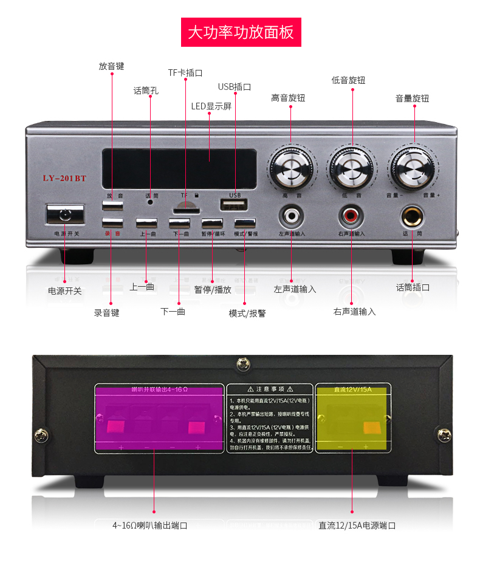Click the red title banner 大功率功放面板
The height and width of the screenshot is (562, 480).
(x=241, y=32)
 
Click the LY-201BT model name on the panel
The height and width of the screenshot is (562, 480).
(x=64, y=178)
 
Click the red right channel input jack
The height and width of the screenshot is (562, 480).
(x=351, y=215)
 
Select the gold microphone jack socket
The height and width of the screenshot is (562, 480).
(x=413, y=216)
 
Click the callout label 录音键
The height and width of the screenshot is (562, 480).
(x=106, y=313)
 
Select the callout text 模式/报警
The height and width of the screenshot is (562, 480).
(x=247, y=314)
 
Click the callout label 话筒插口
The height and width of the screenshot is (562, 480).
(x=413, y=287)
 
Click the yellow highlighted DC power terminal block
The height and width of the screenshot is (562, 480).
(x=352, y=419)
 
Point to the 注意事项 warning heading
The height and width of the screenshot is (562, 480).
(x=270, y=389)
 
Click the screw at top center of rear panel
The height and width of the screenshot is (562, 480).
(x=243, y=365)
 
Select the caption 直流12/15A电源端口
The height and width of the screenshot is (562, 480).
(x=357, y=526)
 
